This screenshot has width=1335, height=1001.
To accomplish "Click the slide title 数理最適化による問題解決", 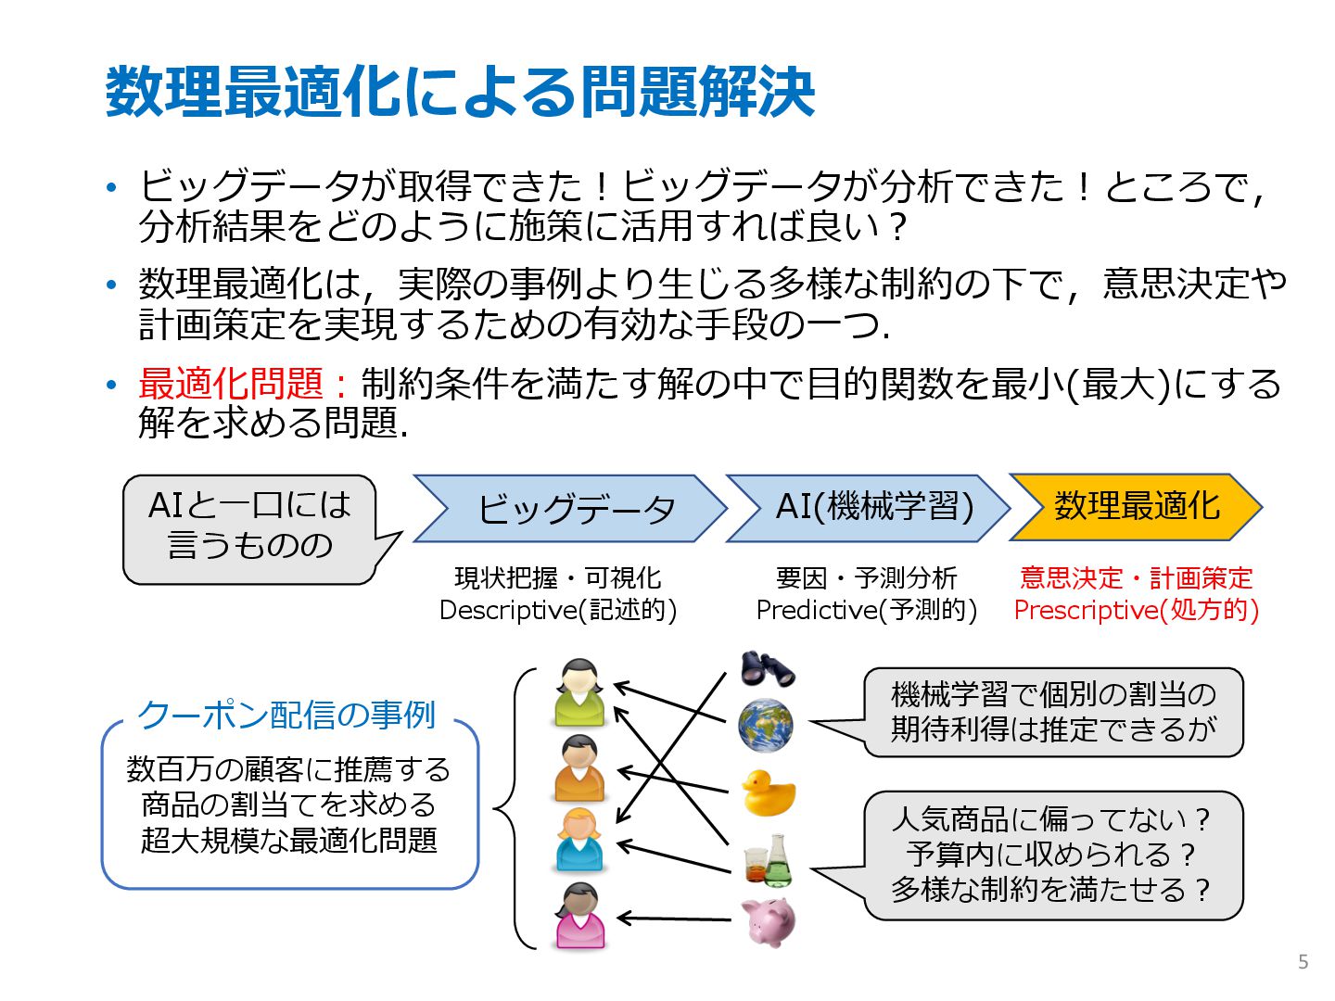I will click(x=460, y=92).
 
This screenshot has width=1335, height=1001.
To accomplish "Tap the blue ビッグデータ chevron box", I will click(x=569, y=508).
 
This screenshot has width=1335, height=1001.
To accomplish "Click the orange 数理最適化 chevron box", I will click(x=1136, y=507).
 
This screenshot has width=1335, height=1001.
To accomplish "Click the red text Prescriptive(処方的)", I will click(x=1136, y=610).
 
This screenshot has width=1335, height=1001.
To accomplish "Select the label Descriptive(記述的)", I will click(x=558, y=610).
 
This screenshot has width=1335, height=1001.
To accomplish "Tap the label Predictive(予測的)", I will click(x=867, y=610).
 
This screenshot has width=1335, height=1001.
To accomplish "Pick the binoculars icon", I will click(x=767, y=667).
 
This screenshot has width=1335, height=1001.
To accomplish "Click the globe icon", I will click(x=766, y=726).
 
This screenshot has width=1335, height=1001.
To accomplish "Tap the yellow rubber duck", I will click(x=768, y=792).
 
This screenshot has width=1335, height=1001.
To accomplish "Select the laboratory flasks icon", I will click(x=769, y=861).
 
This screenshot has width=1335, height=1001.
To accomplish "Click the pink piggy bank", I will click(x=769, y=921).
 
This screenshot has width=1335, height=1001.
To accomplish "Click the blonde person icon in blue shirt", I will click(x=579, y=841).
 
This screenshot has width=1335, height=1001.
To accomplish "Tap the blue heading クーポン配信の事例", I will click(x=286, y=715).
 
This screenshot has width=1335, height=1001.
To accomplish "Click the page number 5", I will click(x=1303, y=962).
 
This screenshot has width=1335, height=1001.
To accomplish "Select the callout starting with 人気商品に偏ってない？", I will click(x=1052, y=855).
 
